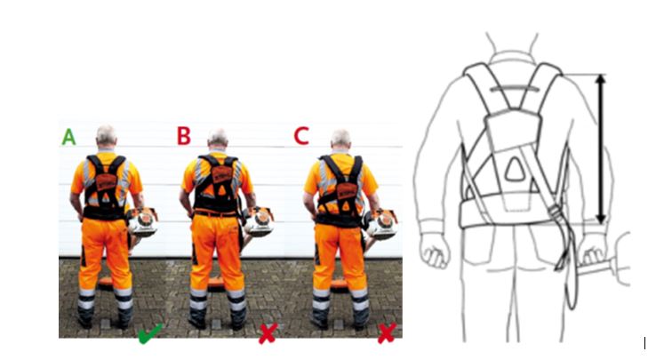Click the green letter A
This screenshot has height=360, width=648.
[x=69, y=137]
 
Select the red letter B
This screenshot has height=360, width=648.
[x=183, y=136]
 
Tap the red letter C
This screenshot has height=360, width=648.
[x=301, y=136]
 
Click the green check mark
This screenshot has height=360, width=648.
[x=149, y=334]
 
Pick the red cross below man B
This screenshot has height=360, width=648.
[x=268, y=333]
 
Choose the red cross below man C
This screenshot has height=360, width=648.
[x=387, y=333]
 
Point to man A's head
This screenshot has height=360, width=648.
[x=106, y=136]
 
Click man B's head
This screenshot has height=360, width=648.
[x=218, y=139]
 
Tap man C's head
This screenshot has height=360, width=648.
[x=341, y=140]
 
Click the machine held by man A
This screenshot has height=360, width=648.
[x=141, y=222]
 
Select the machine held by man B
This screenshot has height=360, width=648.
[x=258, y=221]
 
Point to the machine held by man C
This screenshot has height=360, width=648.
[x=381, y=224]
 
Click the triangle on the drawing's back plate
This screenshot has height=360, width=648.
[x=515, y=170]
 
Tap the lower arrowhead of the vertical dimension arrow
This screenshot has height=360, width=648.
[x=601, y=219]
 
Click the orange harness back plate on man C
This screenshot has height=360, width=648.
[x=347, y=191]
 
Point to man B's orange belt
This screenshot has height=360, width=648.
[x=216, y=213]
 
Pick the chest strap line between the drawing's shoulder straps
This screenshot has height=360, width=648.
[x=515, y=89]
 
